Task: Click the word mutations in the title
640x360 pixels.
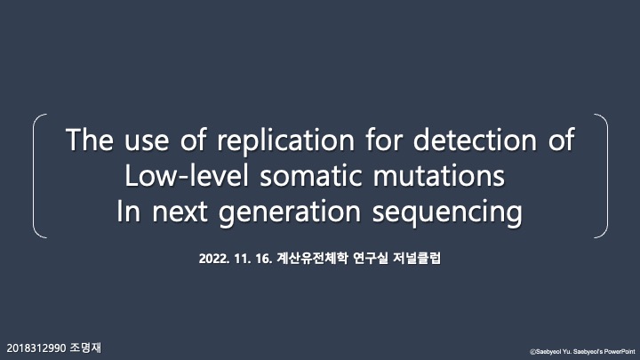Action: point(446,177)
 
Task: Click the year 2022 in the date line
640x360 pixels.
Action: point(215,259)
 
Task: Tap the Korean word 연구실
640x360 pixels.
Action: point(370,259)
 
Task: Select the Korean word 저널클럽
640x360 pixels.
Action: point(420,259)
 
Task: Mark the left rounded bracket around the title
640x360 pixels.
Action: point(36,176)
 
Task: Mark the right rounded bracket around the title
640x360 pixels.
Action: point(604,176)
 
